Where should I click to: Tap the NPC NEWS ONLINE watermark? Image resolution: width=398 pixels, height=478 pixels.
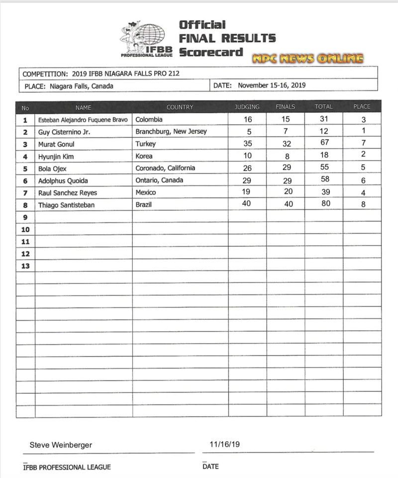pos(307,59)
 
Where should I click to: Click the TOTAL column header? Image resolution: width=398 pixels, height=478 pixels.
pos(323,107)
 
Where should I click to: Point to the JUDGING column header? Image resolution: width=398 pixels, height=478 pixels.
pos(247,107)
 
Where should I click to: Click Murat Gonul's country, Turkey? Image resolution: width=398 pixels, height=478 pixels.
pos(145,144)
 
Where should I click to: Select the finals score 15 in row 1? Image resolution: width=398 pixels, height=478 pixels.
pos(286,120)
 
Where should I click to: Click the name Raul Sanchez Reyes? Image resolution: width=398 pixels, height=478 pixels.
pos(68,192)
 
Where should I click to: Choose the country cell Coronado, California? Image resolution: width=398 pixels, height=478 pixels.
pos(165,168)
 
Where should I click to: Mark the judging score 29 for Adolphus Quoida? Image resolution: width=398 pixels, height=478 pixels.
pos(247,180)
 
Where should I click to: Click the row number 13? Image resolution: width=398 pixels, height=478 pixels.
pos(25,266)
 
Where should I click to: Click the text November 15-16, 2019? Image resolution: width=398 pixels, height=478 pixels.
pos(272,86)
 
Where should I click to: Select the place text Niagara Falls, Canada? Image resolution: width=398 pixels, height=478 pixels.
pos(81,86)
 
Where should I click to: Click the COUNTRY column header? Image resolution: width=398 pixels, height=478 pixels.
pos(180,107)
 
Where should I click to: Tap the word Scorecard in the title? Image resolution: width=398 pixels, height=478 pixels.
pos(211,52)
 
